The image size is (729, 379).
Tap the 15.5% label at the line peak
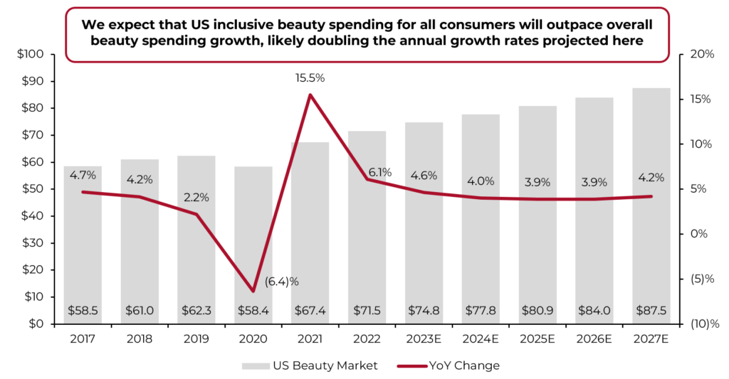point(310,78)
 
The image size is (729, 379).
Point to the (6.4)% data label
point(282,282)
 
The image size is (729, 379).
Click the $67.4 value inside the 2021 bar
point(310,311)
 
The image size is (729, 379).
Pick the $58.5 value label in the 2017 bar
point(83,311)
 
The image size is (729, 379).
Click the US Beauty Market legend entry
point(309,365)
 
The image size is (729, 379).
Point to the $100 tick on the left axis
point(30,55)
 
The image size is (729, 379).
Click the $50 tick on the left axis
point(32,189)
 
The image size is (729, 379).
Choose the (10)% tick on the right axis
point(698,324)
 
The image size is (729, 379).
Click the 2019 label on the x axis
point(196,338)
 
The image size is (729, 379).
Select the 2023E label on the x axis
point(424,338)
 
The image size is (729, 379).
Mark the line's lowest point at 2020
point(253,291)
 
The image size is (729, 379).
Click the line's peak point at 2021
point(310,95)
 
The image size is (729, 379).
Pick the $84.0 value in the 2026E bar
point(594,311)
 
